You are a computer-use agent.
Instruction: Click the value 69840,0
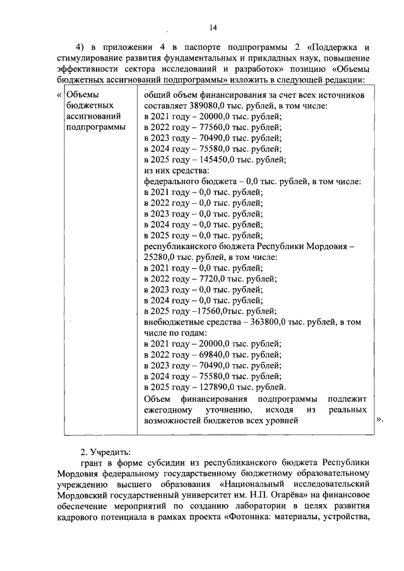click(x=211, y=355)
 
